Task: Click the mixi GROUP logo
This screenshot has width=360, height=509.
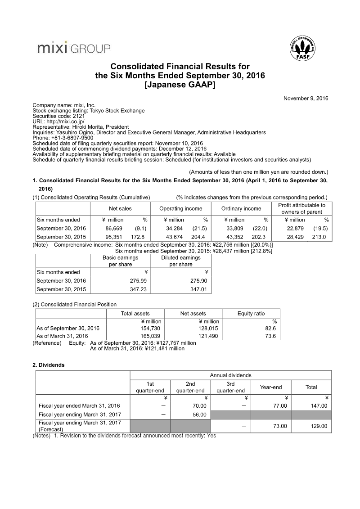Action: [73, 48]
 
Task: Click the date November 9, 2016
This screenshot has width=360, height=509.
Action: [306, 98]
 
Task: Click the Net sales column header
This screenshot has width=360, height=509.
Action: [120, 208]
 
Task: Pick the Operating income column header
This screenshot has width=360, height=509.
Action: [180, 208]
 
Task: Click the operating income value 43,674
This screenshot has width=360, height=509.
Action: [175, 237]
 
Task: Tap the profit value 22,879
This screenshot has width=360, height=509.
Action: [296, 228]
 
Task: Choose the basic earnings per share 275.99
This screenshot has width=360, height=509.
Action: [137, 280]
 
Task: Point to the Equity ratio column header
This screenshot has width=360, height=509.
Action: [251, 313]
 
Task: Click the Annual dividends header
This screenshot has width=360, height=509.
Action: [230, 375]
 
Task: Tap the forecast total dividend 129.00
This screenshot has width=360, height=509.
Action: [318, 426]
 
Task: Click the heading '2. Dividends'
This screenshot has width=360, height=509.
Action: [49, 365]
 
